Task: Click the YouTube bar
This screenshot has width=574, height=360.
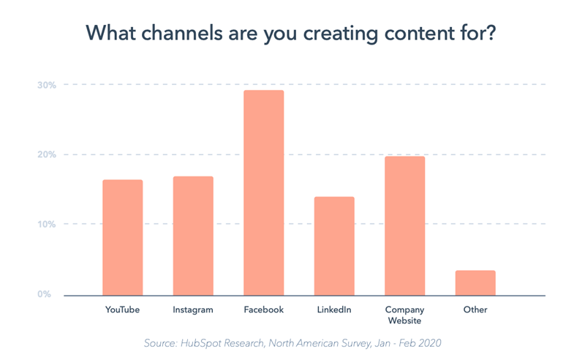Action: [x=122, y=237]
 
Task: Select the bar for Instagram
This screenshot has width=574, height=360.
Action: [x=193, y=236]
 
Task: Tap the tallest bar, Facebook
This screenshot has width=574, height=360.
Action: [x=263, y=192]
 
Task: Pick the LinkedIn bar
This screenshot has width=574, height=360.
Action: [x=334, y=246]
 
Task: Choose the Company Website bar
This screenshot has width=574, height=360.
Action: [x=404, y=225]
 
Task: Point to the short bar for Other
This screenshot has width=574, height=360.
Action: [x=475, y=282]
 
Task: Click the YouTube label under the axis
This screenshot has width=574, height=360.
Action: [x=122, y=310]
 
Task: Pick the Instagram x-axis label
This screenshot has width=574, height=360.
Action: [x=193, y=310]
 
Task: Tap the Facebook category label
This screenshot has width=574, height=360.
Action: [x=263, y=310]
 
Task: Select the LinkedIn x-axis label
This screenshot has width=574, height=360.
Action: [x=334, y=310]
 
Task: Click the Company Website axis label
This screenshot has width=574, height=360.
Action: [x=404, y=315]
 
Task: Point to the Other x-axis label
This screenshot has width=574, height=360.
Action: [x=475, y=310]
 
